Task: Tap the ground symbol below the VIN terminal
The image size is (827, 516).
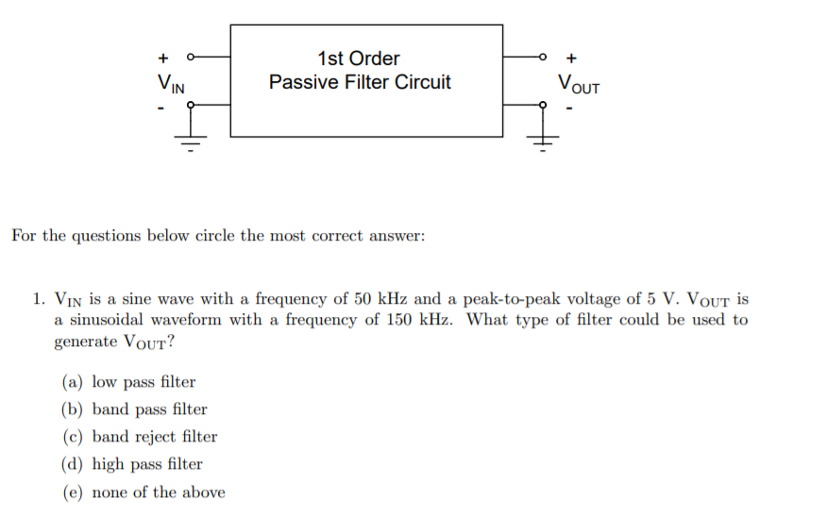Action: point(192,144)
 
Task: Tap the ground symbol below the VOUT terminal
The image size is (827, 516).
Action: point(542,144)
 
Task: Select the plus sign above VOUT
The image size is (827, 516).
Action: point(572,56)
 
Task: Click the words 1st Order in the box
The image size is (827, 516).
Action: point(359,58)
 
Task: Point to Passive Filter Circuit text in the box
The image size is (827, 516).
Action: point(360,82)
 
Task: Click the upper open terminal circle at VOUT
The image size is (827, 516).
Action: point(542,56)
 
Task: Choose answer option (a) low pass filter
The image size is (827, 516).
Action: point(128,382)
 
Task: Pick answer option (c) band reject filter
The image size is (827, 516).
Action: point(140,437)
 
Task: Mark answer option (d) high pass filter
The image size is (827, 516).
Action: point(132,464)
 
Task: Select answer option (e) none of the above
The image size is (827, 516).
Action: point(143,491)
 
